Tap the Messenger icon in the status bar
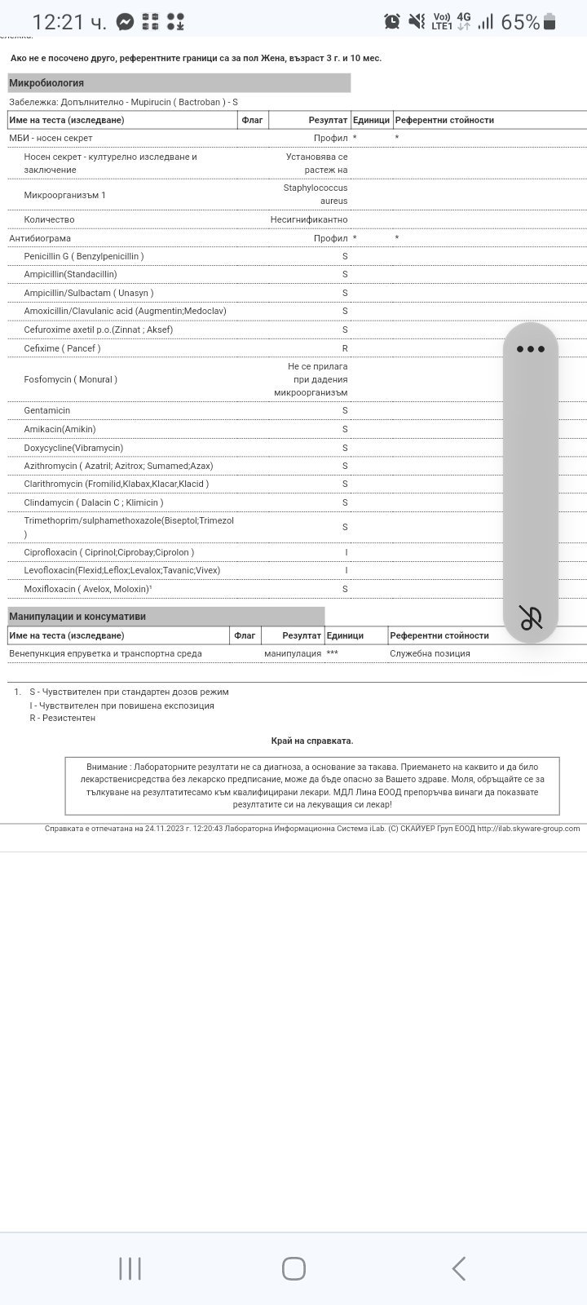[x=125, y=22]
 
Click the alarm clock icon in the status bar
[x=392, y=22]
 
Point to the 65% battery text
[x=519, y=22]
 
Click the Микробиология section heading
[x=46, y=83]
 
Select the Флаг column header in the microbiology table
[x=253, y=120]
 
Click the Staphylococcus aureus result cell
[x=316, y=194]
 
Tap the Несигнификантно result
[x=309, y=219]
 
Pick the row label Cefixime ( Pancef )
[x=62, y=348]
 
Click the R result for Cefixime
[x=345, y=348]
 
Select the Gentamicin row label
[x=47, y=410]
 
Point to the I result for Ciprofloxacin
[x=346, y=552]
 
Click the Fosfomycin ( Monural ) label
[x=70, y=379]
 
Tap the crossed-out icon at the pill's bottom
[x=531, y=617]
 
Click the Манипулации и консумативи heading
[x=77, y=617]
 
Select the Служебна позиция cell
[x=430, y=653]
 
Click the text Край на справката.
[x=312, y=741]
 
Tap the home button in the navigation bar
[x=293, y=1268]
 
